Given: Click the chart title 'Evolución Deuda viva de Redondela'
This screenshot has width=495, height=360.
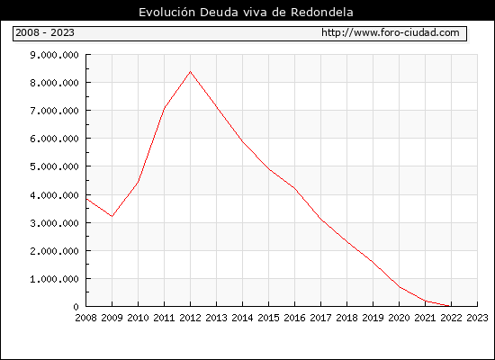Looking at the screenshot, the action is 246,13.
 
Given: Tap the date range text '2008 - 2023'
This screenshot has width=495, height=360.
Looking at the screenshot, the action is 45,32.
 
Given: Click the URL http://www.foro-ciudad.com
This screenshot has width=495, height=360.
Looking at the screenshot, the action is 391,32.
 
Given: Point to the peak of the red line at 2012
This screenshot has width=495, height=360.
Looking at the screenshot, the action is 191,72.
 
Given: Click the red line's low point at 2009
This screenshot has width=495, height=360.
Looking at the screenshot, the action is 112,216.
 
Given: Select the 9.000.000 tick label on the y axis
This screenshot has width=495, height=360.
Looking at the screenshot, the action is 54,55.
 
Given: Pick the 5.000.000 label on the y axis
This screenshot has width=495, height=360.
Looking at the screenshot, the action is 54,166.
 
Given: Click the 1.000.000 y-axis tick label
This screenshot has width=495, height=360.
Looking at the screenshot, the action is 54,279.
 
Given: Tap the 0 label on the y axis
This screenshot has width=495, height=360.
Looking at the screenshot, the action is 76,307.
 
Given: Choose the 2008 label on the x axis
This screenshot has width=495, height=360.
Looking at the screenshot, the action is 85,318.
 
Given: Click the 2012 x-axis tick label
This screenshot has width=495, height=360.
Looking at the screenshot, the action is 191,318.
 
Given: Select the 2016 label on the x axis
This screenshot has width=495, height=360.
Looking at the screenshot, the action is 294,318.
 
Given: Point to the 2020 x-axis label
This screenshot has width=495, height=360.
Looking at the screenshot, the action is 399,318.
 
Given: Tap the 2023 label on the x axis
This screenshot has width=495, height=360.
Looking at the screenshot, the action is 477,318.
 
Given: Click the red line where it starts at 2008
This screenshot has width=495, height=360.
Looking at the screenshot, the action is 86,199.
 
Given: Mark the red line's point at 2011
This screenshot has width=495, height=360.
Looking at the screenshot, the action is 164,108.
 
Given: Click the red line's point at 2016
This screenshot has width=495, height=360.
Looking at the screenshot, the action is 294,188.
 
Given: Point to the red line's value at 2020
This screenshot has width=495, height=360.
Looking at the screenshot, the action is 399,287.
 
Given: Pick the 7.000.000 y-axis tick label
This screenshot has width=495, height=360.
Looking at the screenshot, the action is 54,111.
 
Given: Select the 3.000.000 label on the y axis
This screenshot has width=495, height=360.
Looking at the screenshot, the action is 54,223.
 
